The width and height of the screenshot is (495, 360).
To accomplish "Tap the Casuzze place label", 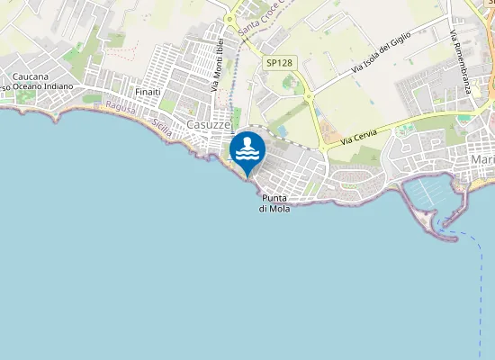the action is click(x=209, y=124).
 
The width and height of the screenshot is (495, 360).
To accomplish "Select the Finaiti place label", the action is click(x=147, y=92).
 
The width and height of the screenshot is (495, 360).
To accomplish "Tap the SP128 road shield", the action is click(x=276, y=63).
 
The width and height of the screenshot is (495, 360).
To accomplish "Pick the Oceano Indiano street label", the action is click(x=43, y=87).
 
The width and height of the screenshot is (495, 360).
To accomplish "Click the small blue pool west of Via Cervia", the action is click(x=282, y=131).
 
